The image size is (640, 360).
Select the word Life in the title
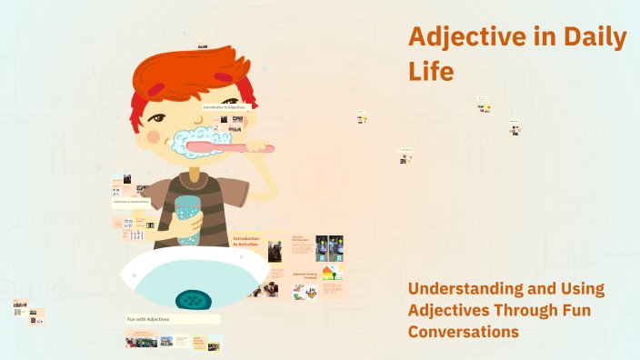[x=431, y=71]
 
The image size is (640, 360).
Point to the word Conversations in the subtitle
[x=463, y=332]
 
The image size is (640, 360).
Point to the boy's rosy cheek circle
[x=154, y=136]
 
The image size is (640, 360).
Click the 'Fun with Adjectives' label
[x=151, y=319]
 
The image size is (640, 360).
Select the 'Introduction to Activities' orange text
[x=246, y=241]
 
